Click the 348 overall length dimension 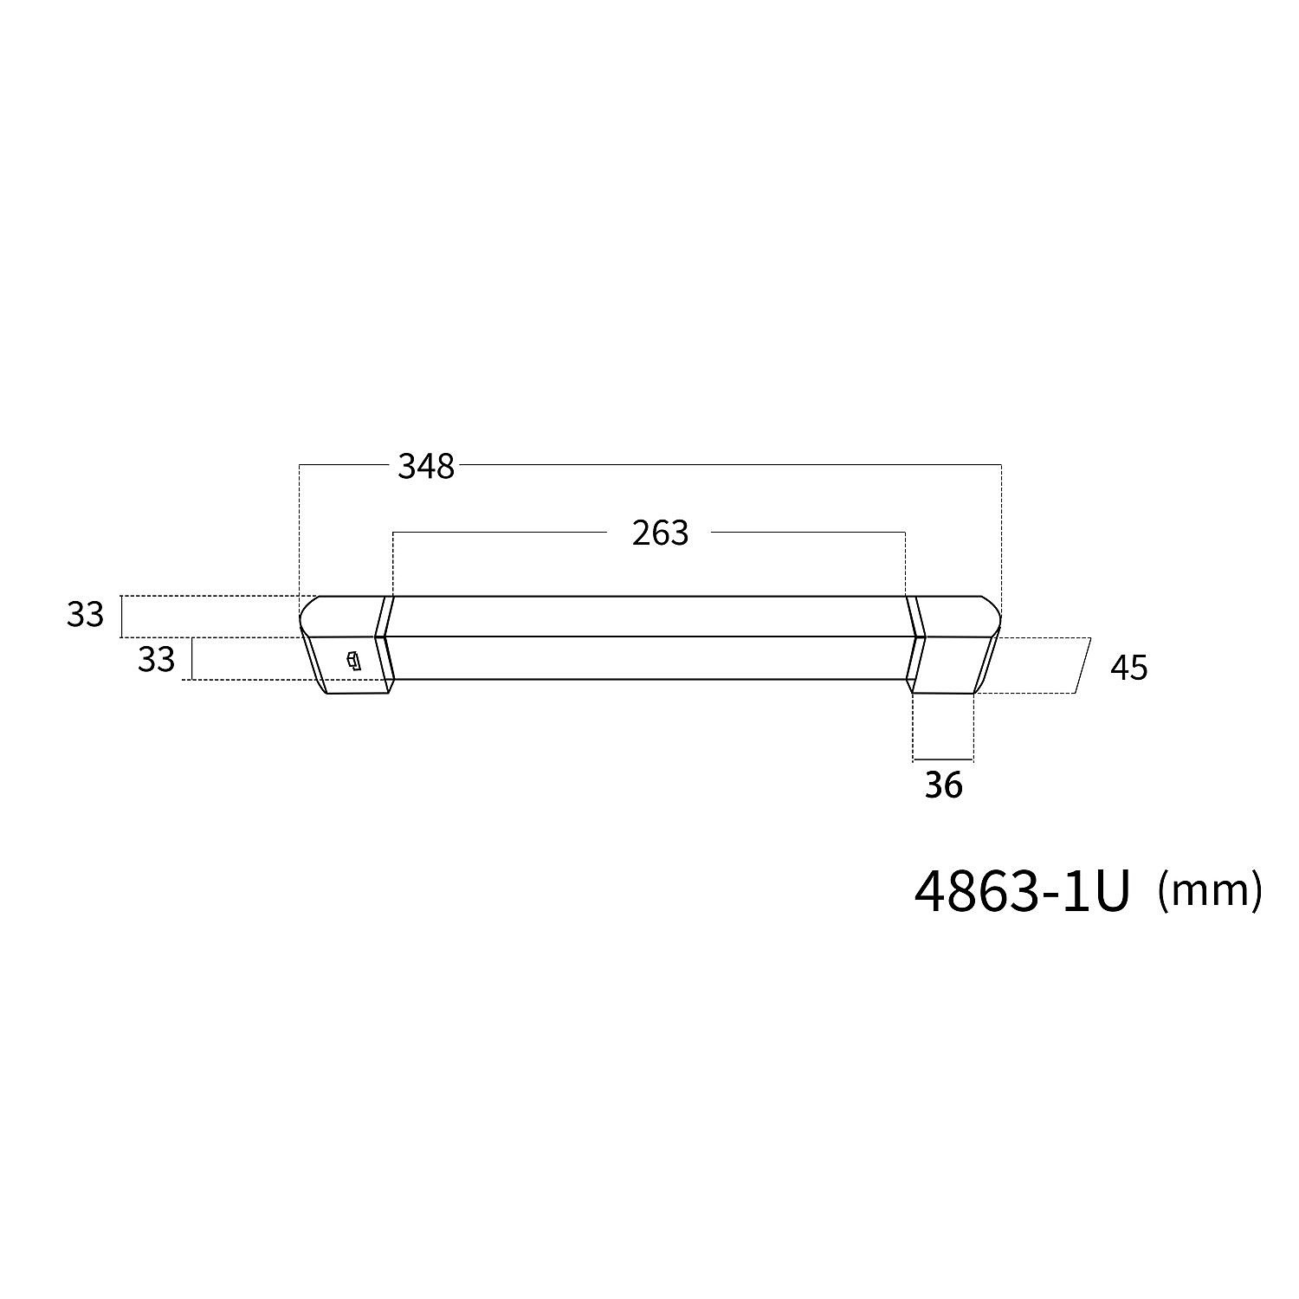point(426,467)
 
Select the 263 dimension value point(660,533)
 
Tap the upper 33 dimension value point(85,615)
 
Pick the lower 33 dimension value point(156,660)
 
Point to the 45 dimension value point(1128,668)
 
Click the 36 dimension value point(943,785)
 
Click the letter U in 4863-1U point(1110,892)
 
